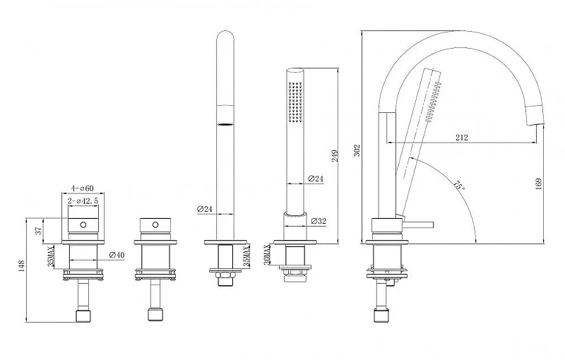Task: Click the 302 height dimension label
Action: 357,150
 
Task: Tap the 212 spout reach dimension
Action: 462,137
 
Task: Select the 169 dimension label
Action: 539,184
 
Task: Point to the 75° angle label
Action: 458,186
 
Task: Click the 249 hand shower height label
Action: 335,155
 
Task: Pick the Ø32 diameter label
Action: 318,221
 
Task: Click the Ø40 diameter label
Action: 117,255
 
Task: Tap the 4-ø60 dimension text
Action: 82,188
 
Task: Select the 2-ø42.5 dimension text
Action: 83,201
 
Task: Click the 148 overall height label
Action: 21,265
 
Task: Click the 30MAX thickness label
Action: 267,255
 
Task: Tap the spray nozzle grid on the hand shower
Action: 295,102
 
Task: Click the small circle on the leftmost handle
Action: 83,224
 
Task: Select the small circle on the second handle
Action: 155,224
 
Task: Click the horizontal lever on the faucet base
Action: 417,225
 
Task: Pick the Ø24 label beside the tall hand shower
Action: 205,208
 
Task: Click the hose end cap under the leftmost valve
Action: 83,316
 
